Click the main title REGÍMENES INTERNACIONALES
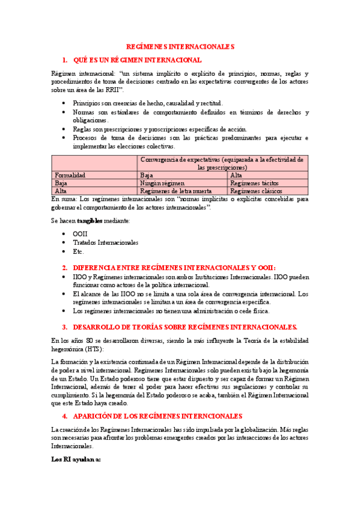180,46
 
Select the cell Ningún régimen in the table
162,183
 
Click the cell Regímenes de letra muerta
171,191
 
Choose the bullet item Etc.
78,251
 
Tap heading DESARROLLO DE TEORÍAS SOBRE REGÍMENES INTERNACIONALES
185,327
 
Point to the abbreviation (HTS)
93,349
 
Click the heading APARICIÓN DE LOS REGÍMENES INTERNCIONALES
157,416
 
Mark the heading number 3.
65,327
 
